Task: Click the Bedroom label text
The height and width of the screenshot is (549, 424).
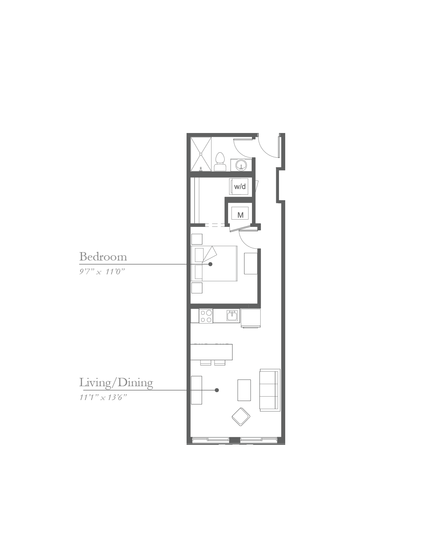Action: pos(103,257)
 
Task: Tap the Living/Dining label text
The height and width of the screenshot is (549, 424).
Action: pos(116,382)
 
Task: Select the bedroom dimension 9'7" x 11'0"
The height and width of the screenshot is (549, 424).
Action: pos(102,272)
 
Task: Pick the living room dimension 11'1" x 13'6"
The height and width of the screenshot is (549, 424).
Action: pos(103,398)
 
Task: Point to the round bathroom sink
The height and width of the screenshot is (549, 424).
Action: pos(241,166)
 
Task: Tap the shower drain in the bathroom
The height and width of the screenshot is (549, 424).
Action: pos(201,154)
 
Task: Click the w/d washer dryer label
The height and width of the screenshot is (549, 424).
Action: pos(240,187)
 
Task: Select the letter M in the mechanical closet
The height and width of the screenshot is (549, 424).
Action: pos(241,215)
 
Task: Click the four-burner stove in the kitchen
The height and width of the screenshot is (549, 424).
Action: pos(206,316)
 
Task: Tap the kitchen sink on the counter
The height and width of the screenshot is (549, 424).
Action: pos(232,316)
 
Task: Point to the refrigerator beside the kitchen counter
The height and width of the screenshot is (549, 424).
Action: pos(250,318)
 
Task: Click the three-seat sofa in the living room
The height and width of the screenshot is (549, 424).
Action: pos(270,390)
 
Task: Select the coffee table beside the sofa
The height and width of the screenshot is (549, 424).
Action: pos(244,390)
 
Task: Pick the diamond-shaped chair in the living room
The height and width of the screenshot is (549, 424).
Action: pos(241,417)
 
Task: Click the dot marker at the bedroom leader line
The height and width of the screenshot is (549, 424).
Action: pos(210,264)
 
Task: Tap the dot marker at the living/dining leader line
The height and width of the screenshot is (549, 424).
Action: pos(217,390)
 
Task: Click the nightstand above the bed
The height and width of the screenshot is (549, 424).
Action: pos(197,239)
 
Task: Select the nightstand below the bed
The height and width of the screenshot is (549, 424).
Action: pos(197,288)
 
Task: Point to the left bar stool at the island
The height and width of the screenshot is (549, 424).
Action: pos(206,363)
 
